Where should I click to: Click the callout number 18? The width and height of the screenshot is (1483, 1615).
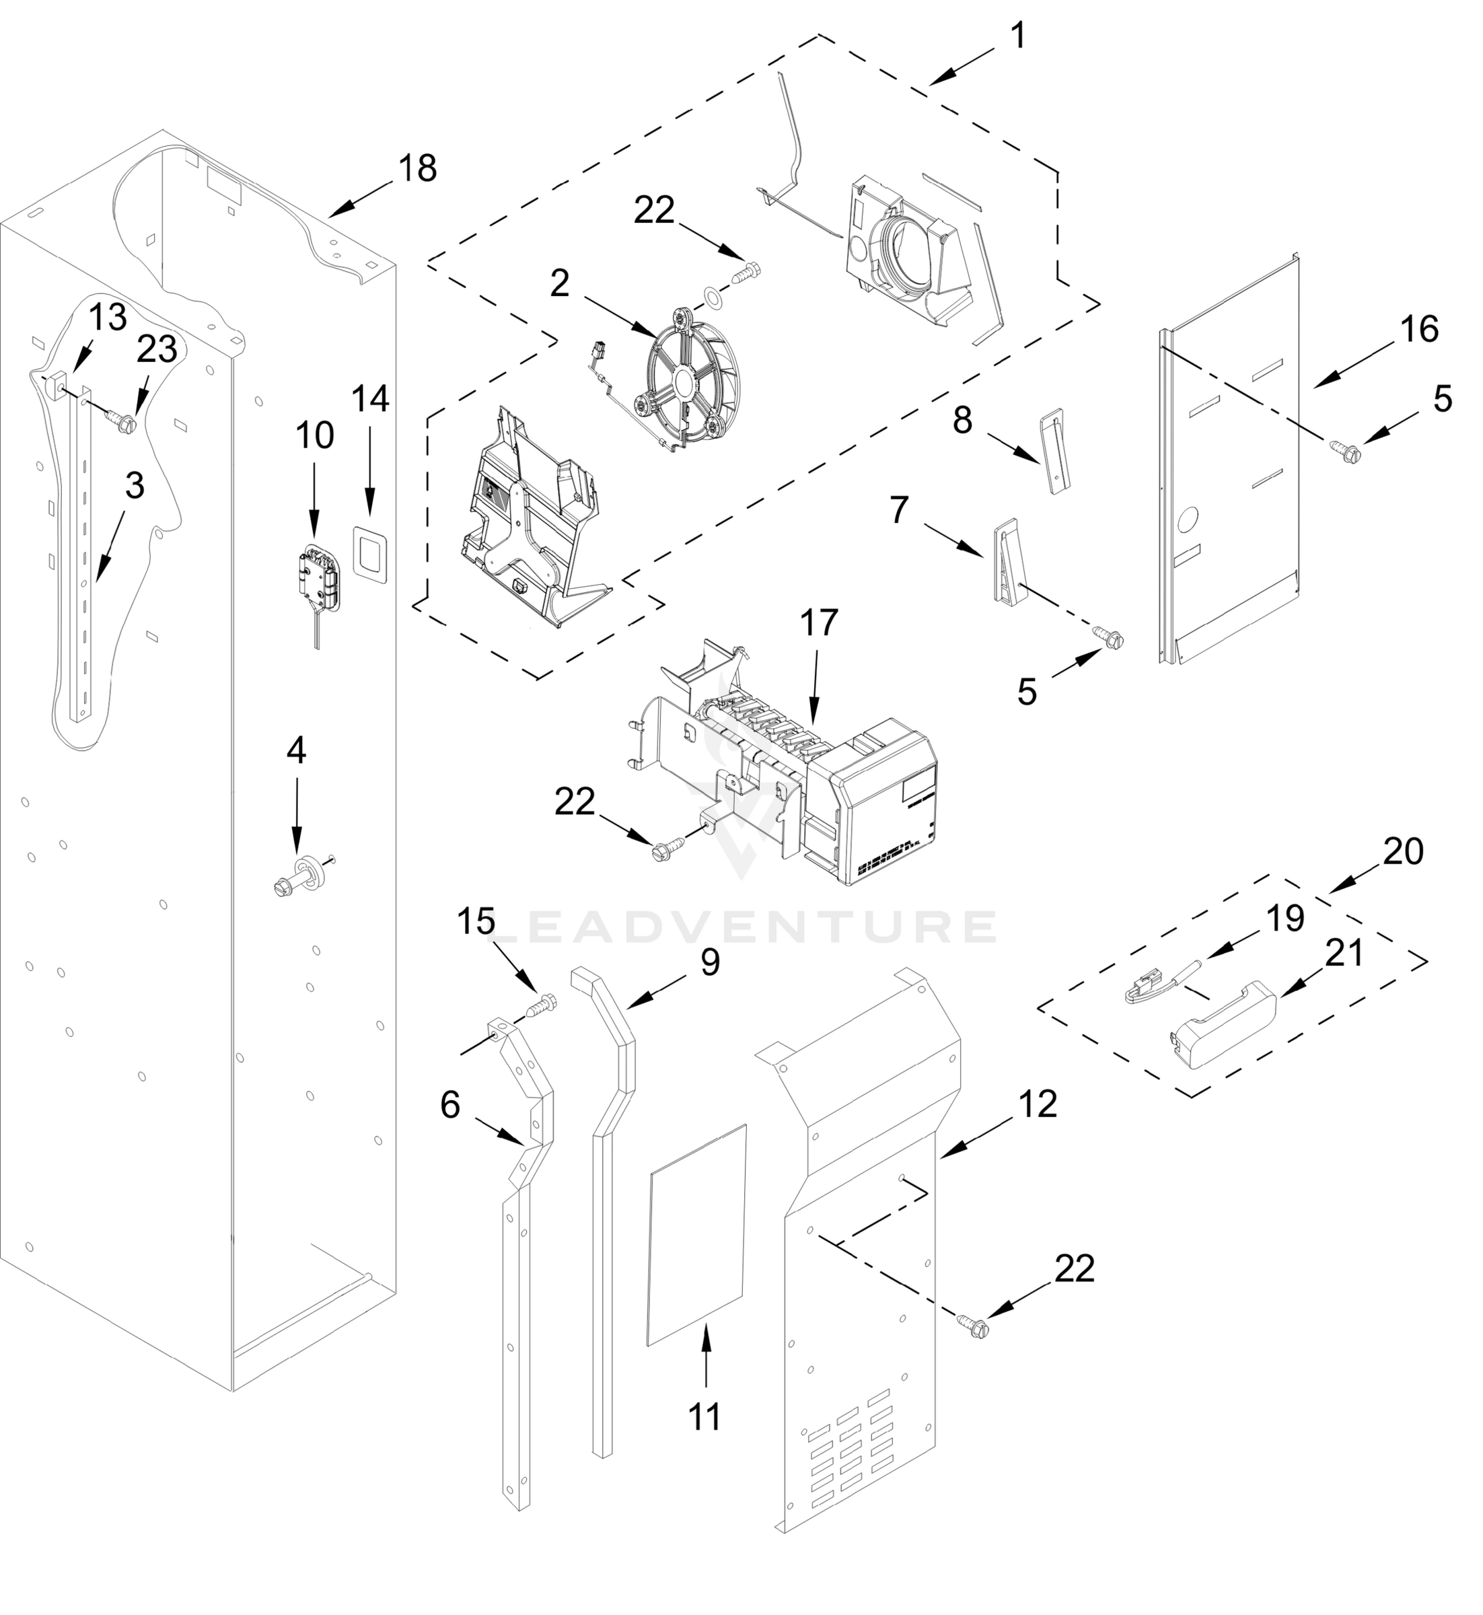click(417, 168)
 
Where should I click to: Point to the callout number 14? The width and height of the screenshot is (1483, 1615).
click(371, 399)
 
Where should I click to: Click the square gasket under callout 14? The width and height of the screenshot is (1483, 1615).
click(370, 552)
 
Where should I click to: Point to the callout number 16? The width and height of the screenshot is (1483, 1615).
click(1420, 329)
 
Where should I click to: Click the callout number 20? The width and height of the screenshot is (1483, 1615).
click(1404, 851)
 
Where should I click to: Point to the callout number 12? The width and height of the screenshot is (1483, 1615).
click(1039, 1104)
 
